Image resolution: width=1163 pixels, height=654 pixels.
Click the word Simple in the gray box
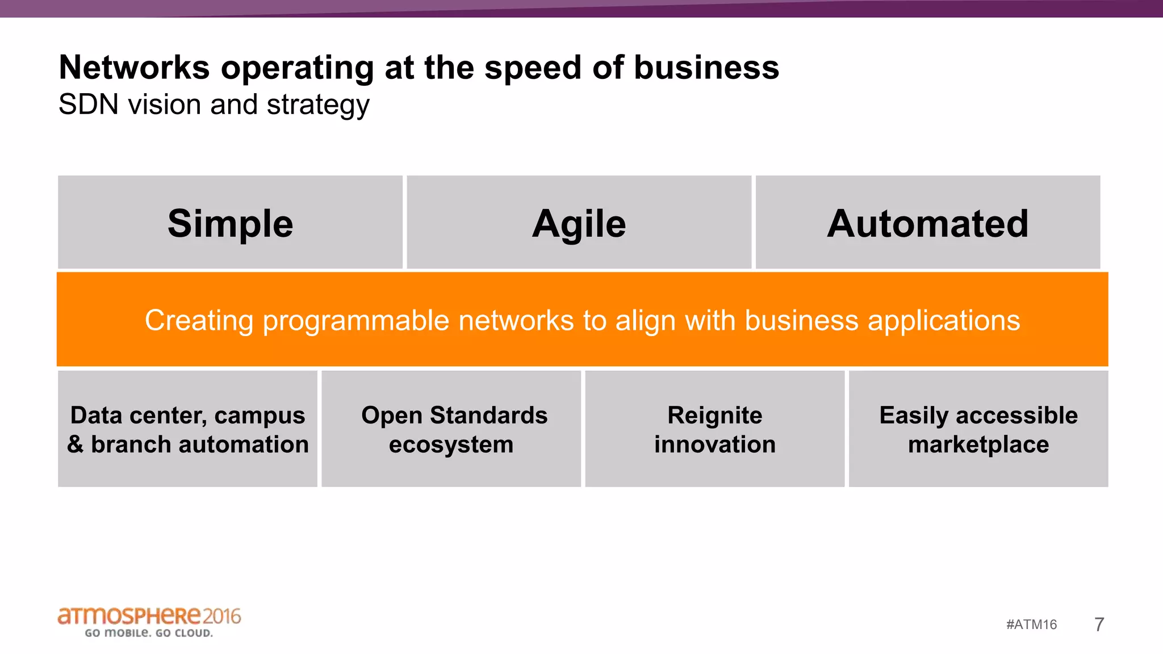(x=230, y=224)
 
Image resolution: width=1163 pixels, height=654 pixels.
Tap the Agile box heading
(x=579, y=224)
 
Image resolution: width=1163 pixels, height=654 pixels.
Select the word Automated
(x=927, y=224)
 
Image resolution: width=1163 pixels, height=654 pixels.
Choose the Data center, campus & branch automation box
(x=187, y=429)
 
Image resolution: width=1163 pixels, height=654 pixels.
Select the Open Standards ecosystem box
(x=451, y=429)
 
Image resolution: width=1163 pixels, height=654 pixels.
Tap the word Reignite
(x=714, y=415)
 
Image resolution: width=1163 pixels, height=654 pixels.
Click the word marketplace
(x=978, y=445)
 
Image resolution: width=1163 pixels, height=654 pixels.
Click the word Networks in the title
(x=135, y=68)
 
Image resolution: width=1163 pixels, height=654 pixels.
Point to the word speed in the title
(x=533, y=68)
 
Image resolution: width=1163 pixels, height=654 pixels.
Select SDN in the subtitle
(x=89, y=104)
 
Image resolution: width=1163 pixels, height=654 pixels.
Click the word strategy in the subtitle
(x=318, y=106)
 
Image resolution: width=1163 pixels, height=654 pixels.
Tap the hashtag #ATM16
(x=1031, y=624)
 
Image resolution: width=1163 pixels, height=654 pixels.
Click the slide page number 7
(x=1099, y=624)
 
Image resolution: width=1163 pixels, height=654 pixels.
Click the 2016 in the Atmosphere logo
(x=222, y=616)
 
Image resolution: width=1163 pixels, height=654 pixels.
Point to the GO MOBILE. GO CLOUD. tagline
(x=149, y=633)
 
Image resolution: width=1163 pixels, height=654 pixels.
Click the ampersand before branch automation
(x=75, y=445)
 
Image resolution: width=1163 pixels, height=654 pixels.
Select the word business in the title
(x=706, y=68)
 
